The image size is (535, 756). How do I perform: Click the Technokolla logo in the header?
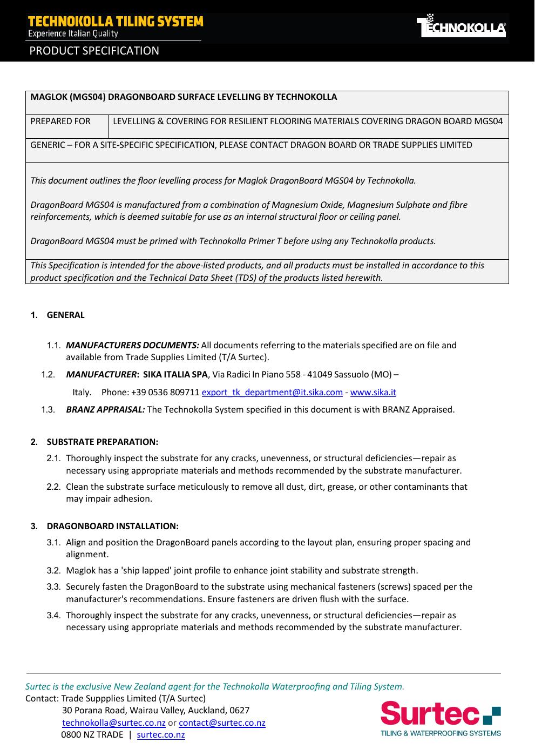[x=461, y=27]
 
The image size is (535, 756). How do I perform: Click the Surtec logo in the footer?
[x=441, y=718]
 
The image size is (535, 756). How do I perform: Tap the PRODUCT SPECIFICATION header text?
[x=94, y=51]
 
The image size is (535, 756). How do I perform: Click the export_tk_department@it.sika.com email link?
[x=272, y=392]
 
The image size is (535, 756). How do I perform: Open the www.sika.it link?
[x=373, y=392]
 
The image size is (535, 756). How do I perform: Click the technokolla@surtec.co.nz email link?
[x=114, y=723]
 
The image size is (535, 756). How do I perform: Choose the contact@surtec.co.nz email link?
[x=222, y=723]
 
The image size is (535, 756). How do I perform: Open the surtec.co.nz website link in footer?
[x=161, y=734]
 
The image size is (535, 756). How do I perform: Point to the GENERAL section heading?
[x=65, y=315]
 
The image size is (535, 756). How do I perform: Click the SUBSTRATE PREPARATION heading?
[x=102, y=442]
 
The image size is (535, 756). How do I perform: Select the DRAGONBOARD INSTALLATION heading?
[x=112, y=526]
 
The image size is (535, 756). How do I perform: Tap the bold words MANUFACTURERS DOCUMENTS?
[x=132, y=345]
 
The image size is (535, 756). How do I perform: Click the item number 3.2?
[x=53, y=570]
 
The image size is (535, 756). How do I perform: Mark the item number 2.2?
[x=53, y=487]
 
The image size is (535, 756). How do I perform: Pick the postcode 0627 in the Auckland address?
[x=240, y=710]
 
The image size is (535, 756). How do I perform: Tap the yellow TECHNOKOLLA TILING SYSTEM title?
[x=116, y=22]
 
